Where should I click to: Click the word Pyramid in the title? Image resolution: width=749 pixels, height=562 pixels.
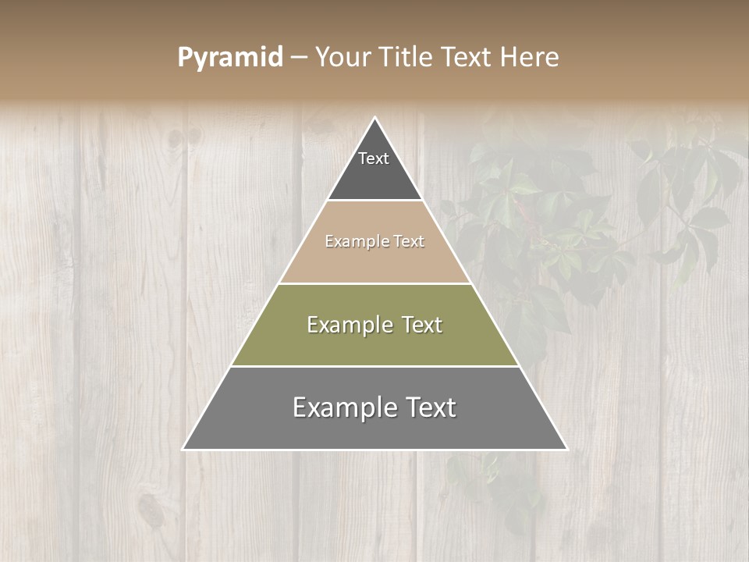coord(230,58)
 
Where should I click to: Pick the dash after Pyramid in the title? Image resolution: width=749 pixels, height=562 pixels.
coord(299,58)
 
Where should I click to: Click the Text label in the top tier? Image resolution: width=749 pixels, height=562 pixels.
coord(374,158)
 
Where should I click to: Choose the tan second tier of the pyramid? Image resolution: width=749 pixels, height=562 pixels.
coord(374,261)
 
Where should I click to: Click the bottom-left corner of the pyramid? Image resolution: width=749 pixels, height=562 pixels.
coord(184,449)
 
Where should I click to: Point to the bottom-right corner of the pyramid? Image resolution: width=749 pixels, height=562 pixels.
coord(566,449)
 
